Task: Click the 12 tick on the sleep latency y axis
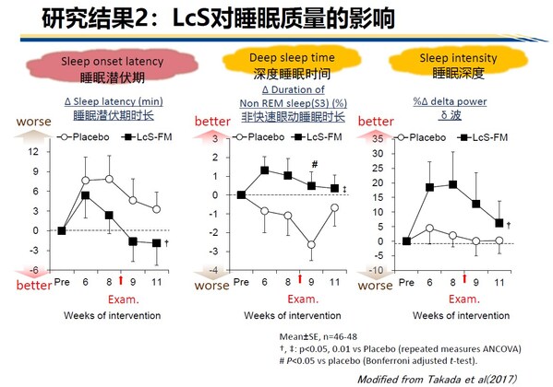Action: [x=36, y=151]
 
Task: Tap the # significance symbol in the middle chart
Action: [x=314, y=166]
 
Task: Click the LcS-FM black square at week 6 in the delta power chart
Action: [x=428, y=187]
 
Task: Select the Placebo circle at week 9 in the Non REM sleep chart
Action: [x=313, y=245]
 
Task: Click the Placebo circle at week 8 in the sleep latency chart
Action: [x=110, y=179]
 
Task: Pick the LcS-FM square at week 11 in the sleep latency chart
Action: [x=156, y=243]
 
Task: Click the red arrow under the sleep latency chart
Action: [x=121, y=280]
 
